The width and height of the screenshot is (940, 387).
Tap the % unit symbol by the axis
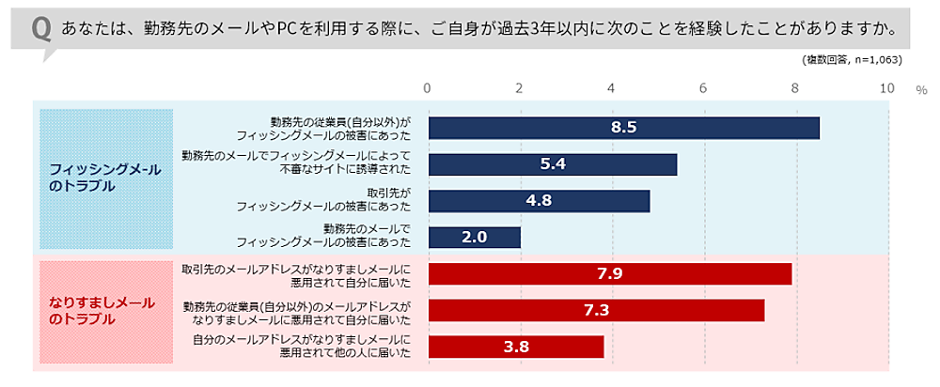point(922,90)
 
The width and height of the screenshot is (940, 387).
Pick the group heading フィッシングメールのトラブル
point(105,177)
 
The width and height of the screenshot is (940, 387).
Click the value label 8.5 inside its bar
point(623,128)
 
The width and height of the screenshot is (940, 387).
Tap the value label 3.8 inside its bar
point(516,347)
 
